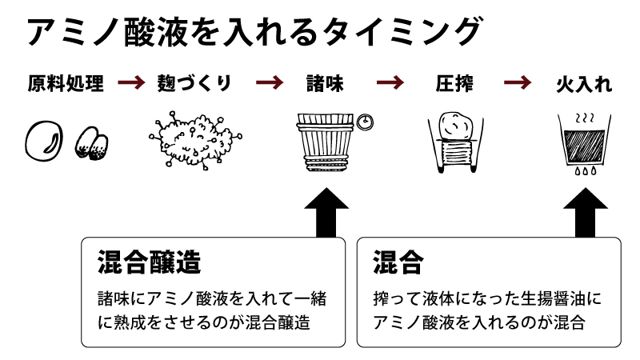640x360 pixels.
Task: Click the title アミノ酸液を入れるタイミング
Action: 254,33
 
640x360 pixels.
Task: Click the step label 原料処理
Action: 65,83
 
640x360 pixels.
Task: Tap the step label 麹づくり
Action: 194,83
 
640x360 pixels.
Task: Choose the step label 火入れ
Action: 583,83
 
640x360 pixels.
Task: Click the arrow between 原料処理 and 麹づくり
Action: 130,82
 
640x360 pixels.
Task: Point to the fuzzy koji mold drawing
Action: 193,141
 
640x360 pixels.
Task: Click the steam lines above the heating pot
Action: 584,117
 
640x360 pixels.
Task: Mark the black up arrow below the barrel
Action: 326,211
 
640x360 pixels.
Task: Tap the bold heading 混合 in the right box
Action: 398,262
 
